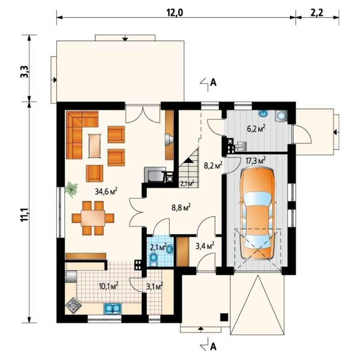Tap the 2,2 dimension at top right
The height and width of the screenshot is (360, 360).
coord(317,13)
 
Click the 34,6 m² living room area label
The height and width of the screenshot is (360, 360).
coord(106,191)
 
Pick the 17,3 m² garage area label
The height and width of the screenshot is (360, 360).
coord(256,161)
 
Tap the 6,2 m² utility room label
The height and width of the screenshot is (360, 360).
coord(256,129)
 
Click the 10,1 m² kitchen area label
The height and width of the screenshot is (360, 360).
coord(108,286)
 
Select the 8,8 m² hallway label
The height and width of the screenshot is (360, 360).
coord(181,207)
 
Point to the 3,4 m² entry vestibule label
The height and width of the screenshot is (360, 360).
coord(205,246)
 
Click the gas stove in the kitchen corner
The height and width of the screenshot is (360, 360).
coord(74,306)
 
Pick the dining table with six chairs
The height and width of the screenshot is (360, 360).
coord(93,218)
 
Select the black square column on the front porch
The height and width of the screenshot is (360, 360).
coord(224,317)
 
